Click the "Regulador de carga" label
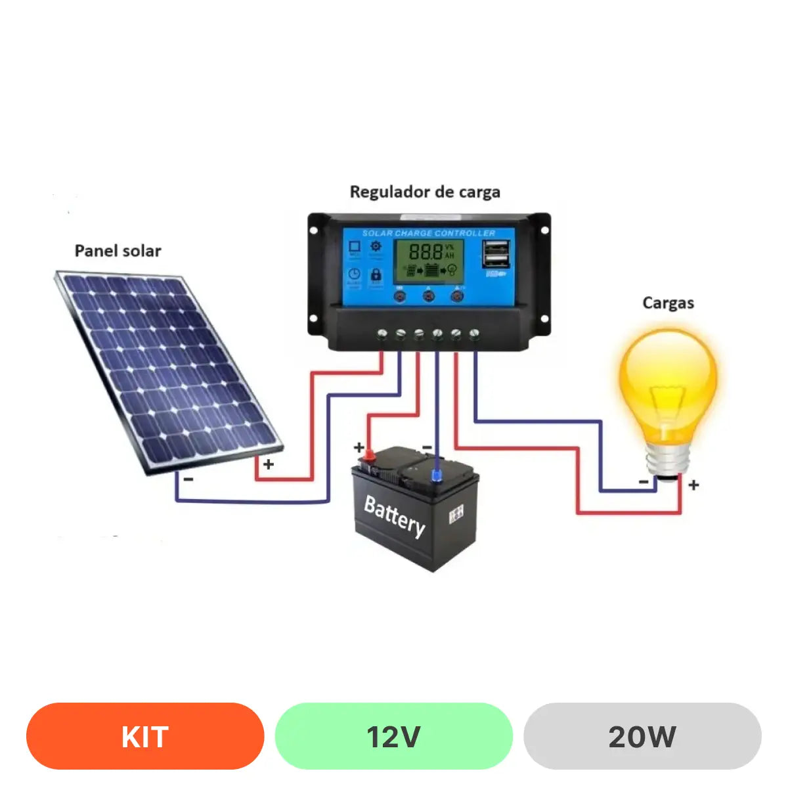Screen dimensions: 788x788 [x=425, y=192]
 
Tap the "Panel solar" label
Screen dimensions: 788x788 [x=118, y=251]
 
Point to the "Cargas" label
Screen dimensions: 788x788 [x=668, y=303]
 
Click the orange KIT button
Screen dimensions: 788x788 [x=145, y=736]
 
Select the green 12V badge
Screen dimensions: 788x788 [x=393, y=736]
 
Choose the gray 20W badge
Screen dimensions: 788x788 [x=642, y=736]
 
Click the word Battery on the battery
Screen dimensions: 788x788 [x=395, y=515]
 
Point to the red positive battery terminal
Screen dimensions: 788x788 [x=369, y=454]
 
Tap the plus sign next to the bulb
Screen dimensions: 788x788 [x=694, y=485]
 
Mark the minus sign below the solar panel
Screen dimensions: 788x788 [x=188, y=479]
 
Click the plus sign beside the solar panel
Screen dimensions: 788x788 [x=269, y=464]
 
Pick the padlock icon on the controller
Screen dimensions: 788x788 [x=376, y=274]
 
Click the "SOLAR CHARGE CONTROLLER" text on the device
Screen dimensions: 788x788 [x=429, y=233]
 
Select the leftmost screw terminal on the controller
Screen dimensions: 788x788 [x=382, y=334]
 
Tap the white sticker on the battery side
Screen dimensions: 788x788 [x=456, y=515]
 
